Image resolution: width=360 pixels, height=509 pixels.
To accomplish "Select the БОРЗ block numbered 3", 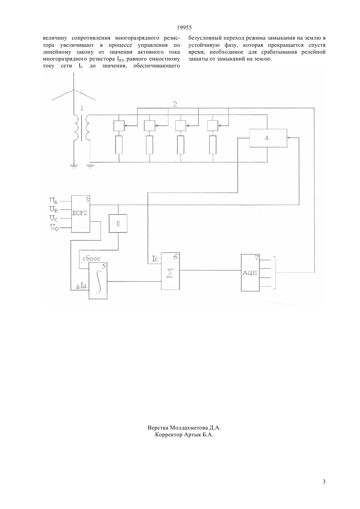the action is click(81, 214).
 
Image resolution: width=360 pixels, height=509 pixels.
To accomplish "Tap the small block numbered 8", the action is click(118, 223).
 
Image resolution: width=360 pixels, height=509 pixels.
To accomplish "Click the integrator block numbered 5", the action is click(98, 281).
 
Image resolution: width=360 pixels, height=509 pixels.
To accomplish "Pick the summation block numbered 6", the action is click(170, 271).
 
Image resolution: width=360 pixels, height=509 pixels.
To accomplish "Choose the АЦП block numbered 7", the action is click(250, 273).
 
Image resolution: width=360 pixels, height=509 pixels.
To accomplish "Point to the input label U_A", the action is click(53, 201).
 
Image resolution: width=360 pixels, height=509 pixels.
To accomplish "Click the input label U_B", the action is click(53, 209).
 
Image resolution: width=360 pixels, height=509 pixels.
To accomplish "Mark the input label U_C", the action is click(54, 218).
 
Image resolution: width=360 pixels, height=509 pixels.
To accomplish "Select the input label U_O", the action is click(54, 227).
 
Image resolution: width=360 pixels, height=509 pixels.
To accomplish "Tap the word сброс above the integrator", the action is click(91, 258).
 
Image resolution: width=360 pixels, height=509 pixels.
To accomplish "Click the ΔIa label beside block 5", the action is click(81, 286).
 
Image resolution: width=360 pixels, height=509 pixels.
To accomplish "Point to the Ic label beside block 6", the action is click(155, 259).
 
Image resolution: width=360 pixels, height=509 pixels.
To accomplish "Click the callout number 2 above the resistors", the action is click(175, 104).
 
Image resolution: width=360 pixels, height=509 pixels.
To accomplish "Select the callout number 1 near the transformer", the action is click(81, 108).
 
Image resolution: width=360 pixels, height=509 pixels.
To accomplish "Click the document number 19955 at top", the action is click(184, 27).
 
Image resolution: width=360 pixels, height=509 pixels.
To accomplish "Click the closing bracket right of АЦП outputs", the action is click(275, 273).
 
